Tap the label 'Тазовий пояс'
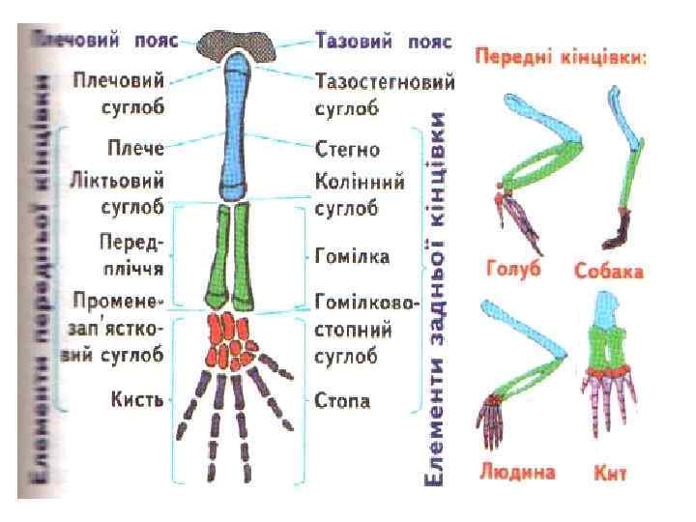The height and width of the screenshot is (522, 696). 384,42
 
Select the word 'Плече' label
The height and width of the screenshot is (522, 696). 137,150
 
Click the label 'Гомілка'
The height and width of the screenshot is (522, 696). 353,256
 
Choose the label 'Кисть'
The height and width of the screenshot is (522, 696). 137,400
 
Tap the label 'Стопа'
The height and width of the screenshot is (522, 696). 343,400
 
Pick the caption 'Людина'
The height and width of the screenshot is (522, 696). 517,473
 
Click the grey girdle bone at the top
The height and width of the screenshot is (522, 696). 236,42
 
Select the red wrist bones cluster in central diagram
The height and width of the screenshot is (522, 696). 232,339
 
